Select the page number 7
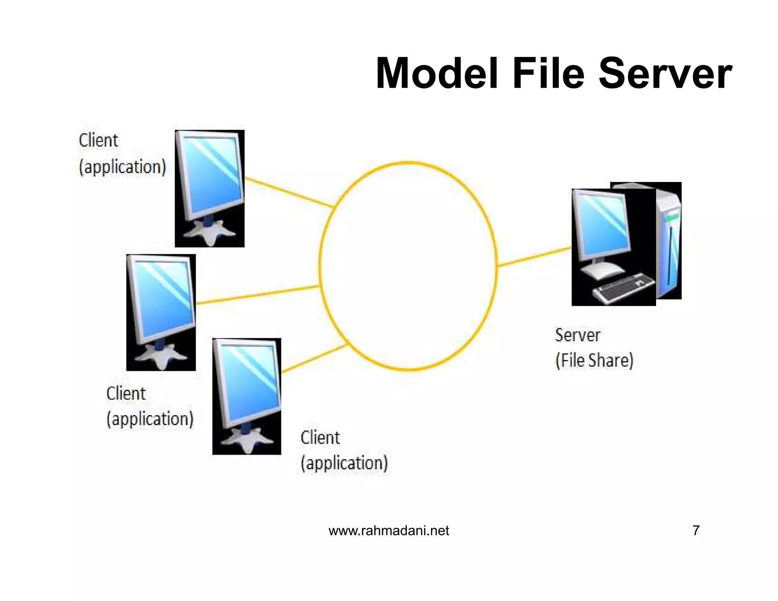tap(696, 530)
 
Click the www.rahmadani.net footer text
tap(389, 530)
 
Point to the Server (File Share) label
tap(594, 348)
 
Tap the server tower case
tap(669, 243)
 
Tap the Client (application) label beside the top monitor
tap(122, 154)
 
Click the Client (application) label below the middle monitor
tap(150, 406)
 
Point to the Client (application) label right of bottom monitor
tap(344, 450)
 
